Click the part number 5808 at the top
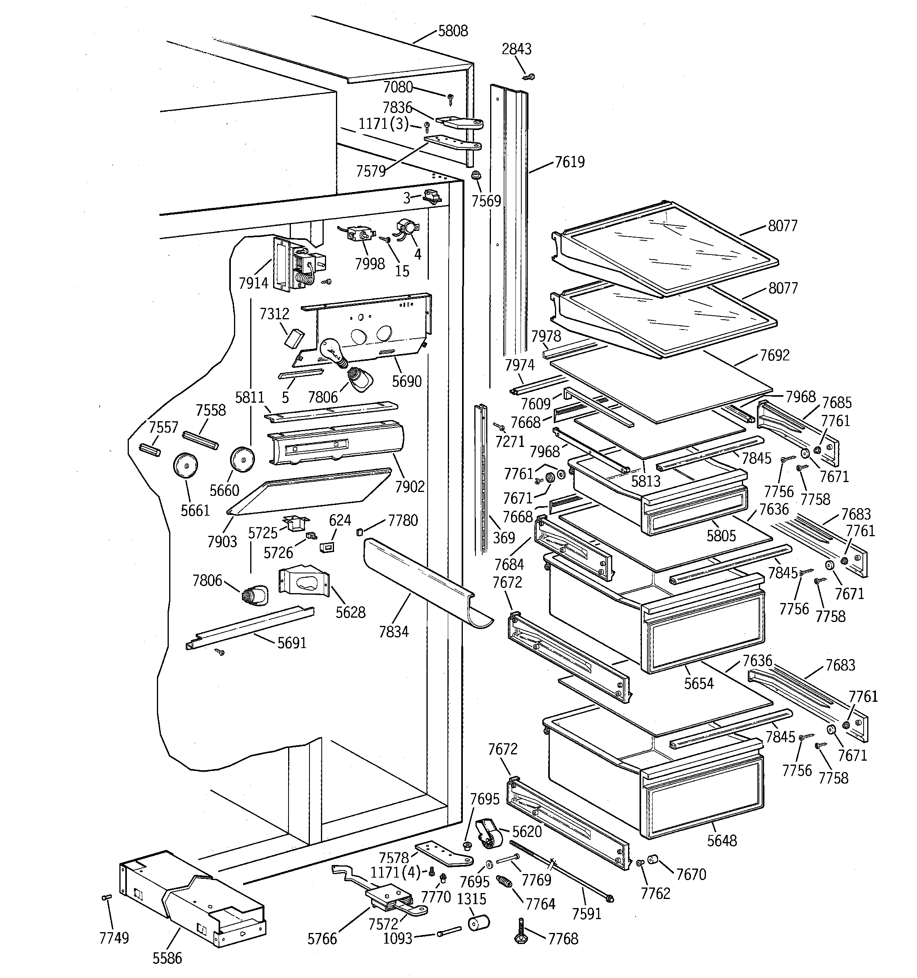pos(453,31)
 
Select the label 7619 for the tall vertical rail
pos(570,162)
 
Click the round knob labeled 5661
pos(185,465)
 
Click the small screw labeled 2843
pos(530,77)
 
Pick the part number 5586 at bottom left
pos(167,958)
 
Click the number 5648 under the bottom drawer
pos(722,840)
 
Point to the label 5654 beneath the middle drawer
pos(698,683)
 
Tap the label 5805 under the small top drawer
pos(721,535)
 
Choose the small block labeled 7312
pos(295,339)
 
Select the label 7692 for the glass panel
pos(775,355)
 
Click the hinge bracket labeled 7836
pos(459,122)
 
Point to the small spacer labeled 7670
pos(653,859)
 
